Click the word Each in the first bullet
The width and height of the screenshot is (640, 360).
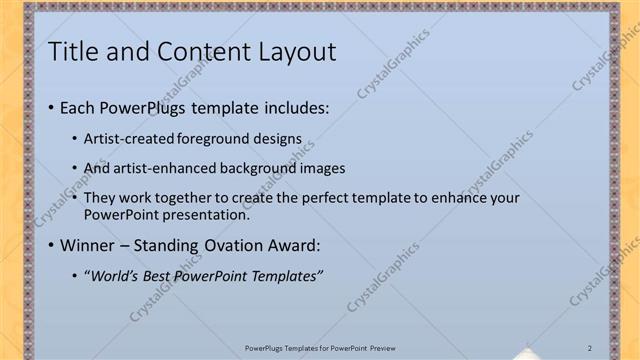pyautogui.click(x=77, y=107)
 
